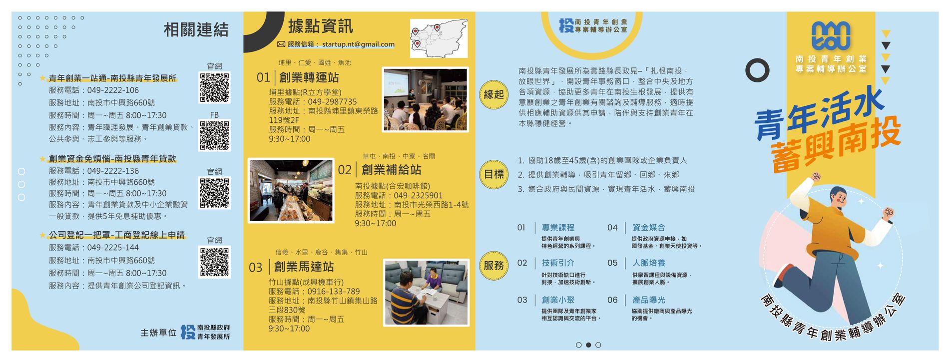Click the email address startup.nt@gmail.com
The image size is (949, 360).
coord(358,44)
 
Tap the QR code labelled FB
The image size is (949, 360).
coord(214,135)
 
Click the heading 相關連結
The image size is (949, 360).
coord(196,29)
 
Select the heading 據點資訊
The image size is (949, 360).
coord(321,26)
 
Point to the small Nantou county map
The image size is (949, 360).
coord(439,38)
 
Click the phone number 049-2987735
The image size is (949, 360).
coord(333,101)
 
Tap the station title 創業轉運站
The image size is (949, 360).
coord(309,77)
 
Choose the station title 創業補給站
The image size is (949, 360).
coord(391,170)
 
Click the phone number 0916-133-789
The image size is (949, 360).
coord(334,292)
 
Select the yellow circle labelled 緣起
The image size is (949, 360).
coord(493,94)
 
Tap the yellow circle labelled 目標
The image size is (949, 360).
coord(493,174)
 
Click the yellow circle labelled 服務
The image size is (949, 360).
coord(493,266)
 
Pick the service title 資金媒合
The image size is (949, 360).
coord(648,228)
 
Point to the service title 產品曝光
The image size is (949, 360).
coord(648,300)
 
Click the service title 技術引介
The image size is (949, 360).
coord(558,263)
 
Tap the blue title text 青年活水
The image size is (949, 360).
coord(819,113)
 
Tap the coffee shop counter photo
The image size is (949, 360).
coord(291,190)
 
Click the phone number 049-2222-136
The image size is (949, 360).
coord(113,171)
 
